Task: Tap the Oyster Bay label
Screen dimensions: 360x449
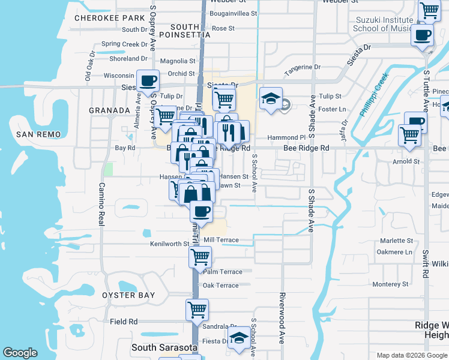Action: (128, 295)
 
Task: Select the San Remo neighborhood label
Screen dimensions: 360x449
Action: (37, 134)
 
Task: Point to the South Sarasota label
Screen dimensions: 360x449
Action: (161, 348)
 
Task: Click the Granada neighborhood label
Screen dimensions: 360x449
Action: (109, 111)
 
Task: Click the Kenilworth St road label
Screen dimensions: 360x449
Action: (169, 244)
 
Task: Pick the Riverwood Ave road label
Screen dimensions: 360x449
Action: (280, 318)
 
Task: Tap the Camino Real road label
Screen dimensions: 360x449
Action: (101, 204)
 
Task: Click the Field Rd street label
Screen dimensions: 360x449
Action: (124, 322)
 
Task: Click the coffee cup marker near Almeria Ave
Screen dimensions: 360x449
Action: (148, 81)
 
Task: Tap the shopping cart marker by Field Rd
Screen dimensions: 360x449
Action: (197, 310)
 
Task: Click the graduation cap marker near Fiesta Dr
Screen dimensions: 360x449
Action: (239, 337)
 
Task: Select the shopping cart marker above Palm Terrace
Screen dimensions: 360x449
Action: (200, 257)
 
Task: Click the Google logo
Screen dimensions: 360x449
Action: (20, 353)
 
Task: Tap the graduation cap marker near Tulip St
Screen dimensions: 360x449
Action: (271, 98)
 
